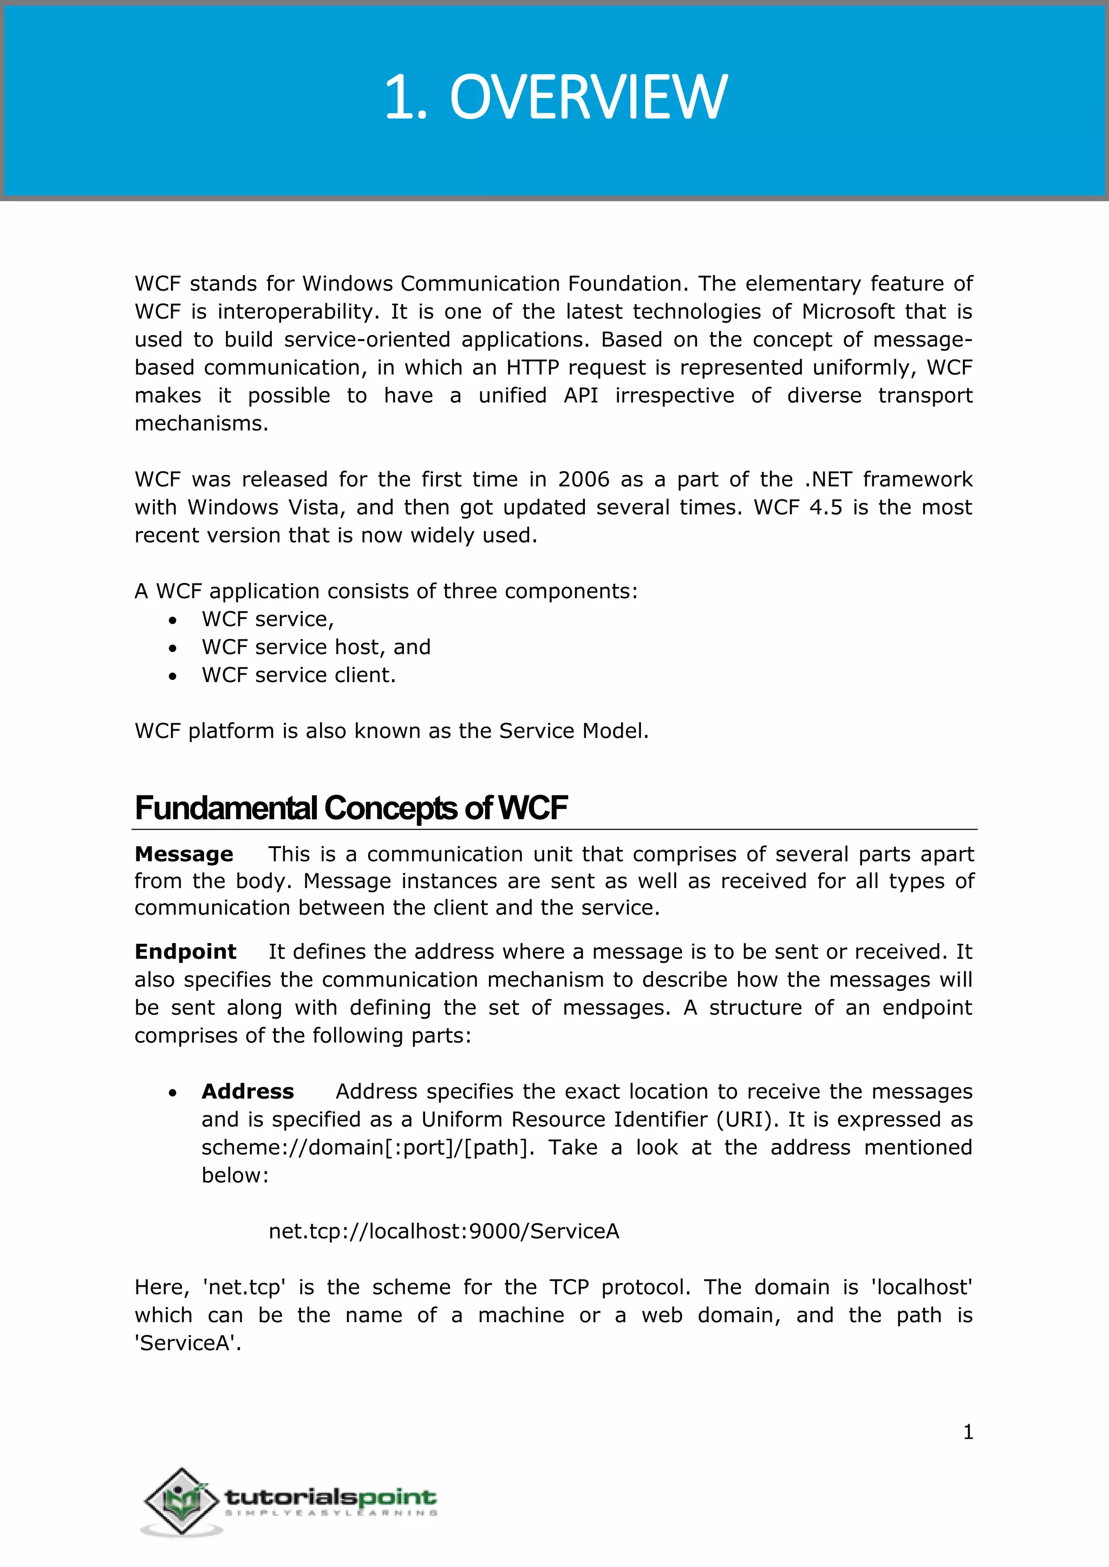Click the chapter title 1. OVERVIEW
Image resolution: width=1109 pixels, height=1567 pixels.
(555, 97)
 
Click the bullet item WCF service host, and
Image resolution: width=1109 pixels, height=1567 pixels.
(316, 647)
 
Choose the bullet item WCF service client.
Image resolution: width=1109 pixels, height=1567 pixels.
(298, 675)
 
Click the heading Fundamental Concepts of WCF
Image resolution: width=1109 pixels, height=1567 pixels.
(351, 808)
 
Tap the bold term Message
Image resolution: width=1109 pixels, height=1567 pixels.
(184, 854)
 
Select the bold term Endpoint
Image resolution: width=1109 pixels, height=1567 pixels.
(185, 951)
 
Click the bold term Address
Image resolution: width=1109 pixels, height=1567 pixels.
(247, 1091)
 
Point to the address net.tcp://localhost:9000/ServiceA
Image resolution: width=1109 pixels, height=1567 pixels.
(444, 1231)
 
